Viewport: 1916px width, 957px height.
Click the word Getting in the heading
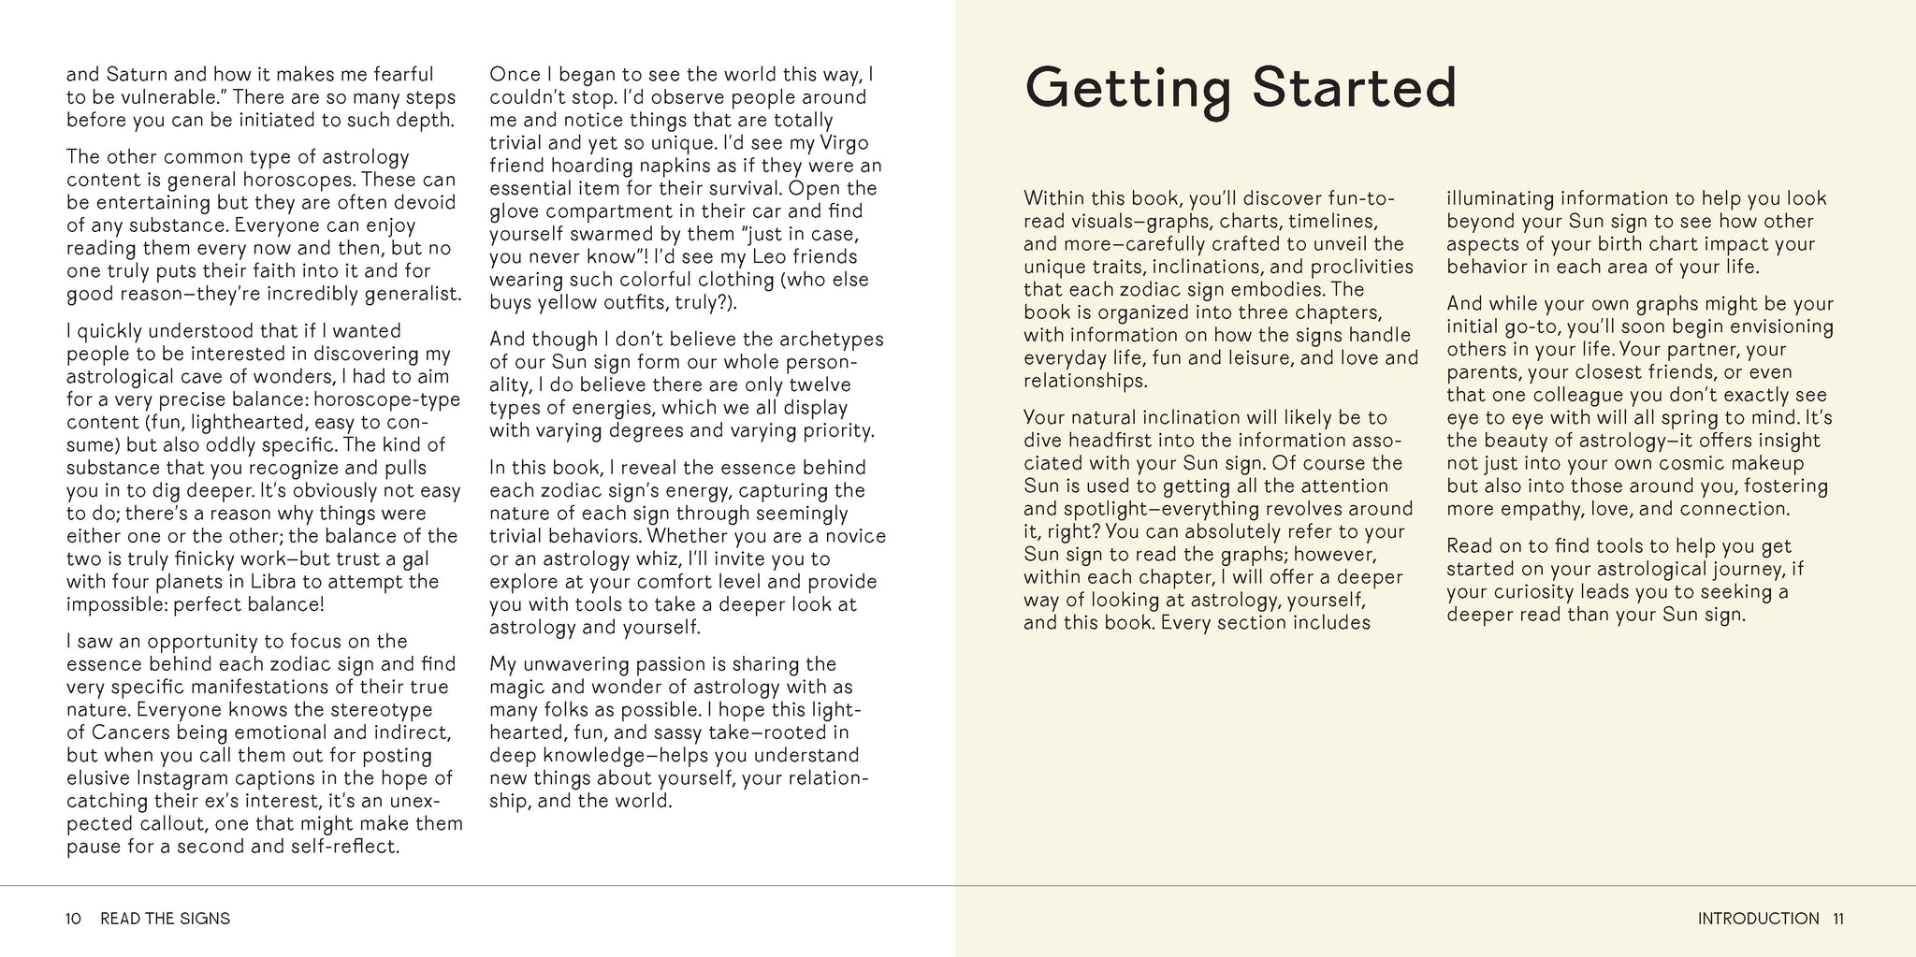(x=1129, y=89)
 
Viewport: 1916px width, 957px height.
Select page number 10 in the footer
(x=74, y=919)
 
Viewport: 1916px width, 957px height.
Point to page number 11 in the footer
(x=1837, y=919)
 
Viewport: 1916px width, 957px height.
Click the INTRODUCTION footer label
(x=1758, y=919)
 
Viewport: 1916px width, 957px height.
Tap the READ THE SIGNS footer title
(x=165, y=919)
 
